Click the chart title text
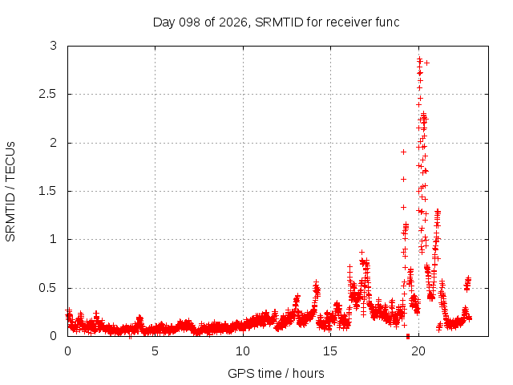(x=276, y=22)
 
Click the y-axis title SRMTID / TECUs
(x=10, y=192)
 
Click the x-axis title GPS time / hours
(x=276, y=373)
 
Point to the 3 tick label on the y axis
(x=54, y=46)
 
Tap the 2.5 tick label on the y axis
(x=48, y=94)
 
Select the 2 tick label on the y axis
(x=54, y=143)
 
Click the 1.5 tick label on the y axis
(x=48, y=191)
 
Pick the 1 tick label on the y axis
(x=54, y=239)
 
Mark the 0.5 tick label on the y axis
(x=48, y=288)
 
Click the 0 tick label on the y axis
(x=54, y=336)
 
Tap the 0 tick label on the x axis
(x=67, y=351)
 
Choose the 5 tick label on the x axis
(x=155, y=351)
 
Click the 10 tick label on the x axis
(x=243, y=351)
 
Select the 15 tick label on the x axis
(x=330, y=351)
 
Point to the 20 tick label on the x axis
(x=418, y=351)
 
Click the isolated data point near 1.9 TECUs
(x=404, y=152)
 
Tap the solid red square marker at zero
(x=408, y=336)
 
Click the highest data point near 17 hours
(x=362, y=252)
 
